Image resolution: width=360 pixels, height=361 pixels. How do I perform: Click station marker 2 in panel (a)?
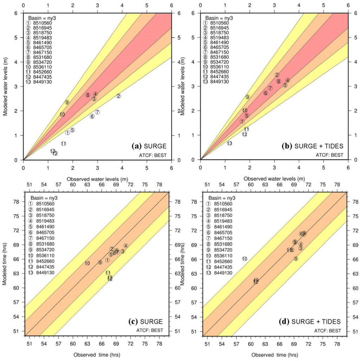[x=119, y=96]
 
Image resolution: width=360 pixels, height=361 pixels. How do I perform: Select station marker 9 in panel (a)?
[x=67, y=102]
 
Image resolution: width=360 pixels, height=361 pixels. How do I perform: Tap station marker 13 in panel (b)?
[x=229, y=143]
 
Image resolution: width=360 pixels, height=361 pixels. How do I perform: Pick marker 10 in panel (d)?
[x=245, y=259]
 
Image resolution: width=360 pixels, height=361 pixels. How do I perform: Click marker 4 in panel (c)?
[x=126, y=246]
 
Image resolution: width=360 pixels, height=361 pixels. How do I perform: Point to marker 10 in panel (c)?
[x=87, y=263]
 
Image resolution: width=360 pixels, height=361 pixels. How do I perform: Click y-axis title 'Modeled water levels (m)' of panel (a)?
[x=6, y=87]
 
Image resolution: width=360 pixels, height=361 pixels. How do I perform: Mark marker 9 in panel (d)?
[x=296, y=259]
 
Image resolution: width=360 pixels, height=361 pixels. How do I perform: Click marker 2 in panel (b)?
[x=277, y=75]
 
